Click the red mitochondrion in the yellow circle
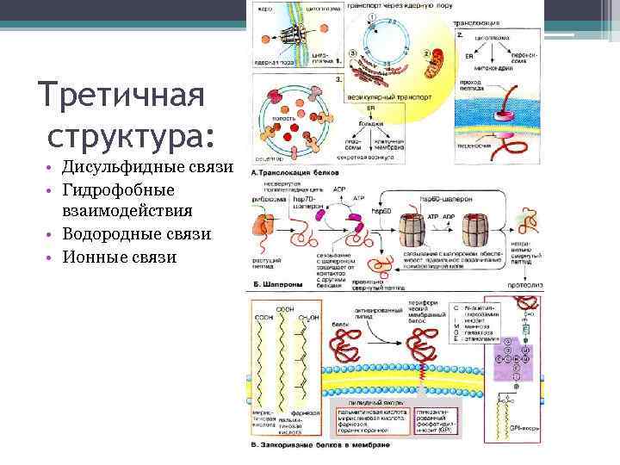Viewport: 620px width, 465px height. pyautogui.click(x=436, y=66)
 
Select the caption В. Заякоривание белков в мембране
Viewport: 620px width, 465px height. pyautogui.click(x=319, y=444)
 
